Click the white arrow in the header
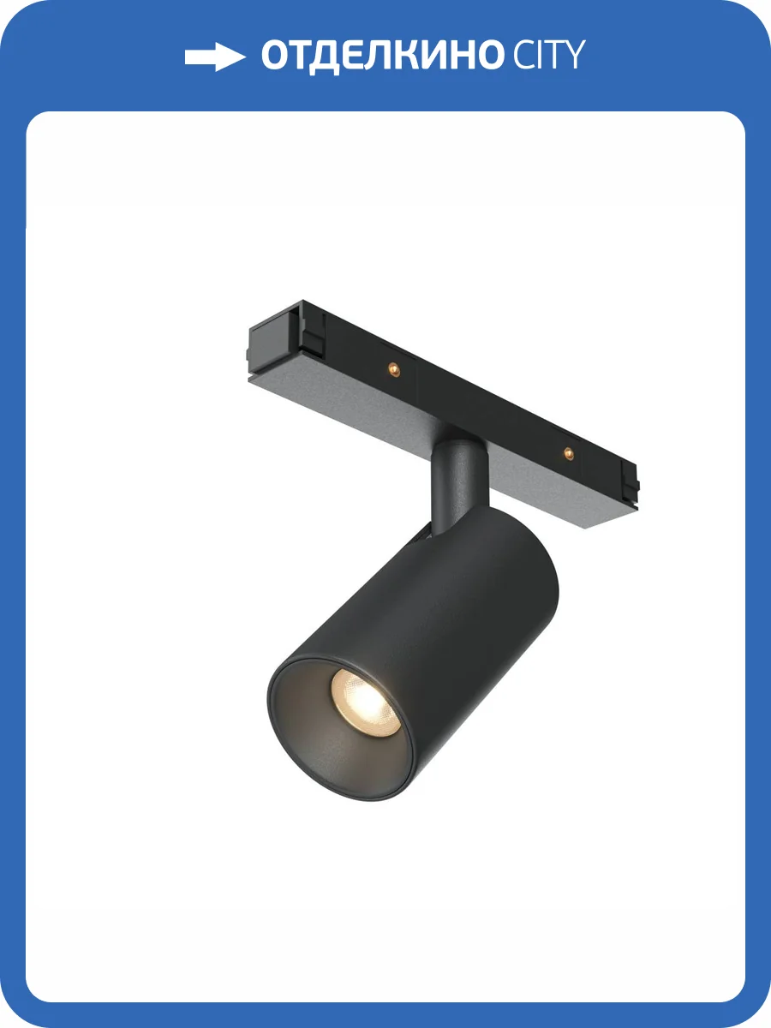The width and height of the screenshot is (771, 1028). click(x=214, y=57)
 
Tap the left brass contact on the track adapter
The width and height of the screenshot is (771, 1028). click(x=393, y=369)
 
